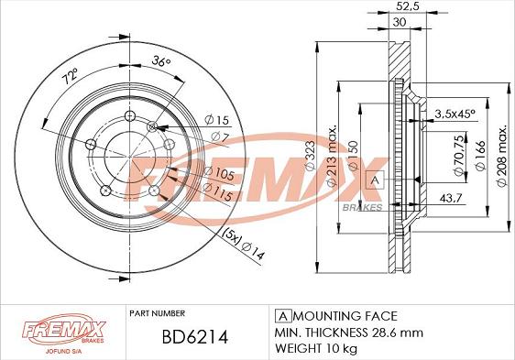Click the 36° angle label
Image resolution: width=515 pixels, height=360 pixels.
pyautogui.click(x=160, y=63)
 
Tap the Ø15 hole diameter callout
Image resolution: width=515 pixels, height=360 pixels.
pyautogui.click(x=216, y=120)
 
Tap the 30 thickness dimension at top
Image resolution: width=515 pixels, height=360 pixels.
pyautogui.click(x=400, y=25)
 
